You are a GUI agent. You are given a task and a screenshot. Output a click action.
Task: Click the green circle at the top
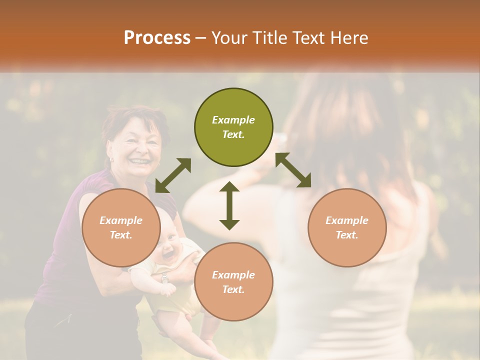click(233, 127)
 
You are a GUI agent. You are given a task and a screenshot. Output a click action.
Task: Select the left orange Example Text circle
click(120, 228)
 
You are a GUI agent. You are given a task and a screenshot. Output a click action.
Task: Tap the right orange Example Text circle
click(347, 228)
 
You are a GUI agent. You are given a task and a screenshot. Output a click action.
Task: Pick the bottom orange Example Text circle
click(233, 282)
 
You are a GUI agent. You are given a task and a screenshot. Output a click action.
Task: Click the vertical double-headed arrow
click(229, 205)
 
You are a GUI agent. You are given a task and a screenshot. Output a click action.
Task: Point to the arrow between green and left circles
click(173, 175)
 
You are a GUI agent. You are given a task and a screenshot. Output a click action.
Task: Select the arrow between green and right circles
click(293, 170)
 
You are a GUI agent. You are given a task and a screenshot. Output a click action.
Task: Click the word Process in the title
click(157, 37)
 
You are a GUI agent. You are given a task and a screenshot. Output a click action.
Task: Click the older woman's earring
click(111, 160)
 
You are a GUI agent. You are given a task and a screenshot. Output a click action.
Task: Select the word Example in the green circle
click(233, 120)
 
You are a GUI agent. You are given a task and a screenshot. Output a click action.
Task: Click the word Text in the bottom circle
click(233, 289)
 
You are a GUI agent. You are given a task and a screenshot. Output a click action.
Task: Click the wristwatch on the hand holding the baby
click(164, 278)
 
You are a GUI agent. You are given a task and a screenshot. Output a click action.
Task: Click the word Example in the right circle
click(347, 220)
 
